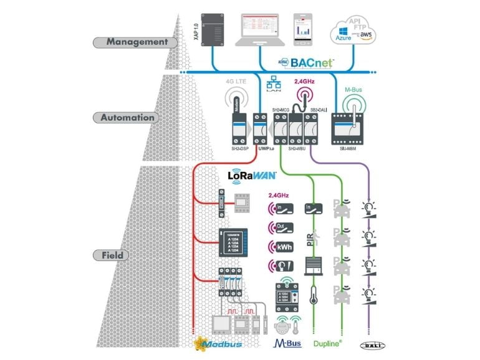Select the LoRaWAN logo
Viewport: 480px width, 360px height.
tap(252, 176)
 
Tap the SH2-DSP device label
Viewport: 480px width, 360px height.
tap(235, 148)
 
